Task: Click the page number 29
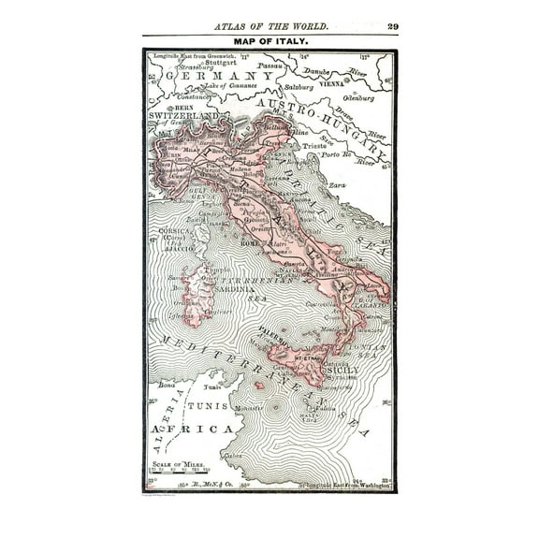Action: point(392,26)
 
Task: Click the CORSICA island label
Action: point(175,229)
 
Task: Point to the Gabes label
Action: point(233,456)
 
